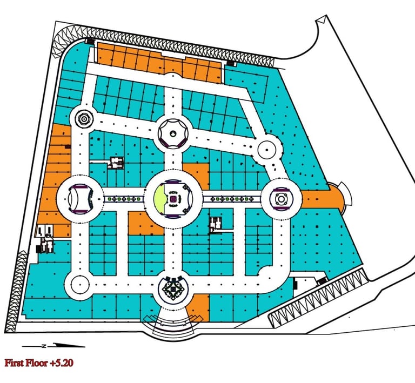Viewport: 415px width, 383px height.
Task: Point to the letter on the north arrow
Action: (46, 345)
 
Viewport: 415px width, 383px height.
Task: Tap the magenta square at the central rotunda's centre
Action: (173, 198)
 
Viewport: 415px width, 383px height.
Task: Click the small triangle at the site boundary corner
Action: (321, 20)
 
